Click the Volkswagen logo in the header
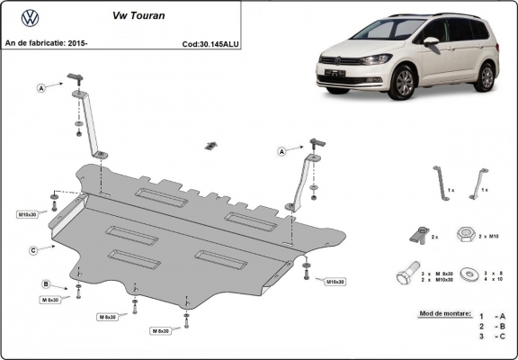tap(30, 17)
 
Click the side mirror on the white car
tap(431, 41)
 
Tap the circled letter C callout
tap(32, 249)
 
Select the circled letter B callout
tap(46, 284)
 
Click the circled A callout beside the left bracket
tap(41, 87)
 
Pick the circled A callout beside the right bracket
tap(282, 152)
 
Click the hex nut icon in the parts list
tap(467, 234)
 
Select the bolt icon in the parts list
tap(407, 272)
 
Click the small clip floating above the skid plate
tap(212, 145)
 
